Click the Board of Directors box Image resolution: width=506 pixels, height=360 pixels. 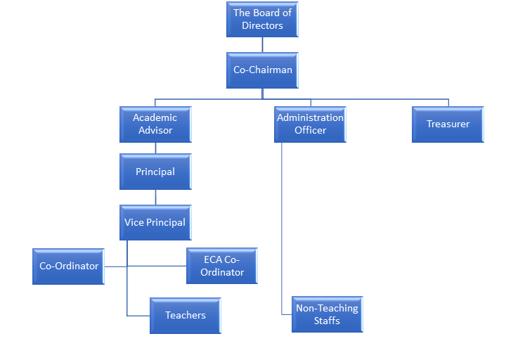coord(262,20)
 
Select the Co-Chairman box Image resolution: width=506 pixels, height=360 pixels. coord(262,70)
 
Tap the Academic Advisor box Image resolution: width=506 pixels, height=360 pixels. coord(155,124)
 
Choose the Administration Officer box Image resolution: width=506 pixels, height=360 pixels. coord(310,124)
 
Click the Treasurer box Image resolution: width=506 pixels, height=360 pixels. coord(448,124)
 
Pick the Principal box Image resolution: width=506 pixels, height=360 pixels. coord(155,172)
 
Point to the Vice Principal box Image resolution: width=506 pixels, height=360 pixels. coord(155,222)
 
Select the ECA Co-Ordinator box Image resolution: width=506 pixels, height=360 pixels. coord(222,266)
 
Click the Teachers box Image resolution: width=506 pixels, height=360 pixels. coord(186,315)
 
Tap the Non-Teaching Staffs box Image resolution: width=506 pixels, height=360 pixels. coord(327,314)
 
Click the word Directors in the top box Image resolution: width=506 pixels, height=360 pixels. coord(262,26)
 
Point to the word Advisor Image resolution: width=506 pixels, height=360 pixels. coord(155,130)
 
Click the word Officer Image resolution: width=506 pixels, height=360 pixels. coord(310,130)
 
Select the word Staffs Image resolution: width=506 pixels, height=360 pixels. coord(327,321)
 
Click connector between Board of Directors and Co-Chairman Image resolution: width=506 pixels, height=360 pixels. coord(262,45)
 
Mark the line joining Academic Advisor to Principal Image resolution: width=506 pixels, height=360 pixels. coord(155,148)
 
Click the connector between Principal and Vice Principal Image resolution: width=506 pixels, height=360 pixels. coord(155,197)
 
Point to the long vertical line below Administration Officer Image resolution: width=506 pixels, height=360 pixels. coord(282,225)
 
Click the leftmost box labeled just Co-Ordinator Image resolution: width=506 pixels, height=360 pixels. coord(68,266)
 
